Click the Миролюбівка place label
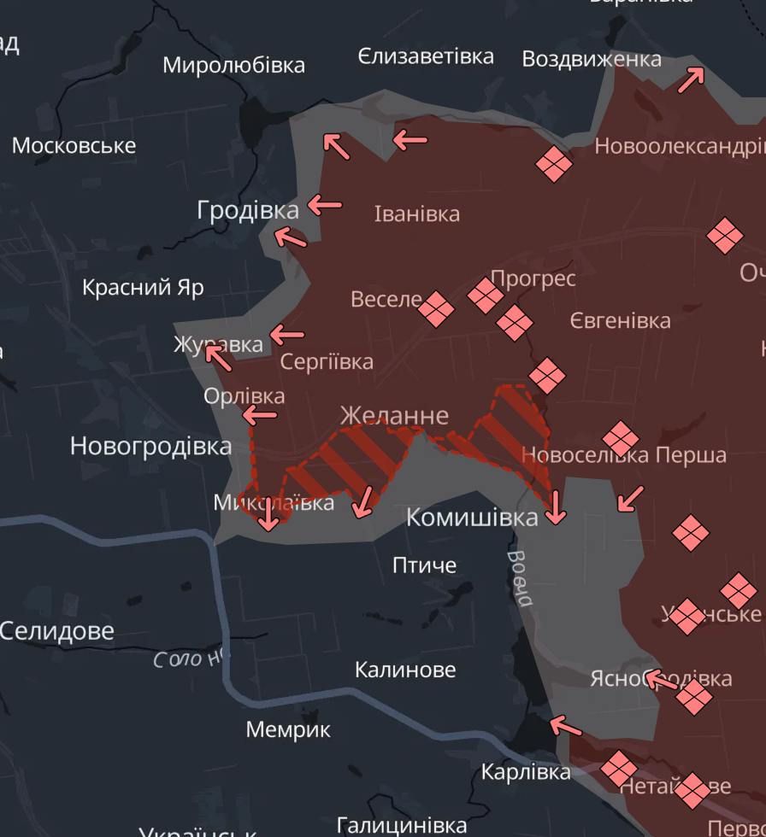233,65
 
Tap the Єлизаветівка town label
426,56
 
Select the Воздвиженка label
592,59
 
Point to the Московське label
74,145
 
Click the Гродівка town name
248,210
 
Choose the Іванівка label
417,214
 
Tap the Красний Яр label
143,287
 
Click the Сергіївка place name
327,361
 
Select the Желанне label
394,415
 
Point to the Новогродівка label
150,446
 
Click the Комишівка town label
472,517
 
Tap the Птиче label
424,565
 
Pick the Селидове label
56,631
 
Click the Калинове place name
405,670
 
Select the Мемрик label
288,729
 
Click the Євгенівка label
621,321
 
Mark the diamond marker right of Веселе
436,309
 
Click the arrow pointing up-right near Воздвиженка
691,79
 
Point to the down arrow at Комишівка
556,507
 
